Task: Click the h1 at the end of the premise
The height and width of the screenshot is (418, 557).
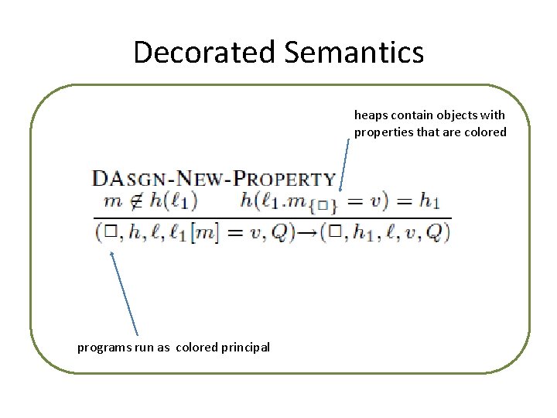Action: [429, 201]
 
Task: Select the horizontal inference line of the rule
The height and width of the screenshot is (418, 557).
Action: [271, 218]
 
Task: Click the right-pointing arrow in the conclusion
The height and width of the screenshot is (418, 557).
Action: [306, 233]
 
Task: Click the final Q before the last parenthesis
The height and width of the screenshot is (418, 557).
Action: [435, 233]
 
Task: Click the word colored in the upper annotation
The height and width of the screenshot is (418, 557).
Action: [485, 132]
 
